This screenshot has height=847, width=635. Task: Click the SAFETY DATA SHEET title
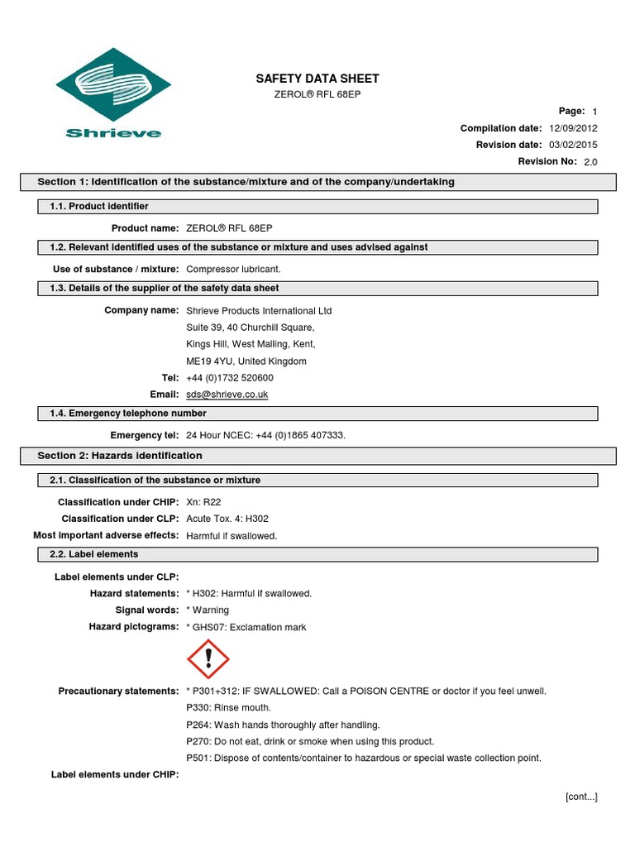click(x=317, y=79)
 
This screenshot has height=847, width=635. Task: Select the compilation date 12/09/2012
click(x=573, y=128)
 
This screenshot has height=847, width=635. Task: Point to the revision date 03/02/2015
click(x=573, y=145)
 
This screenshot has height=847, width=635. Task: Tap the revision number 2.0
click(x=590, y=162)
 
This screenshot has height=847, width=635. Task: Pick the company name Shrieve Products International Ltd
click(x=259, y=311)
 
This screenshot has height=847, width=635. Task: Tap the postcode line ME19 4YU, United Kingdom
click(x=246, y=361)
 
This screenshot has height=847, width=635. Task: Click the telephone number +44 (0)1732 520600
click(x=230, y=378)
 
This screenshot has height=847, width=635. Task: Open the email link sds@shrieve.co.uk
click(x=227, y=395)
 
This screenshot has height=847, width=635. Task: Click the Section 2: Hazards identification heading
click(x=120, y=456)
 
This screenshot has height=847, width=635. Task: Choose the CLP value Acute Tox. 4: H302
click(x=227, y=519)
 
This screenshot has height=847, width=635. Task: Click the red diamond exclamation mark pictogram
click(x=208, y=659)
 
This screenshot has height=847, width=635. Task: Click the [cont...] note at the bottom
click(x=580, y=797)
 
